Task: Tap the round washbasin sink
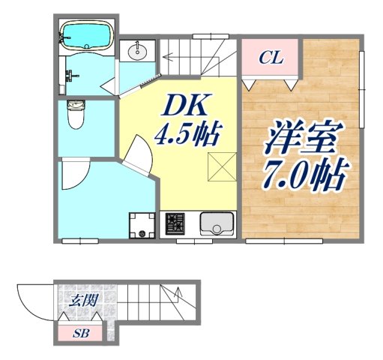coord(138,52)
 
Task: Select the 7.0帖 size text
coord(303,177)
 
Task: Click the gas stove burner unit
coord(175,223)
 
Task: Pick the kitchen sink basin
coord(217,224)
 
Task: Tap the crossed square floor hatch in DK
coord(223,166)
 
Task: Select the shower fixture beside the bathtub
coord(72,75)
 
